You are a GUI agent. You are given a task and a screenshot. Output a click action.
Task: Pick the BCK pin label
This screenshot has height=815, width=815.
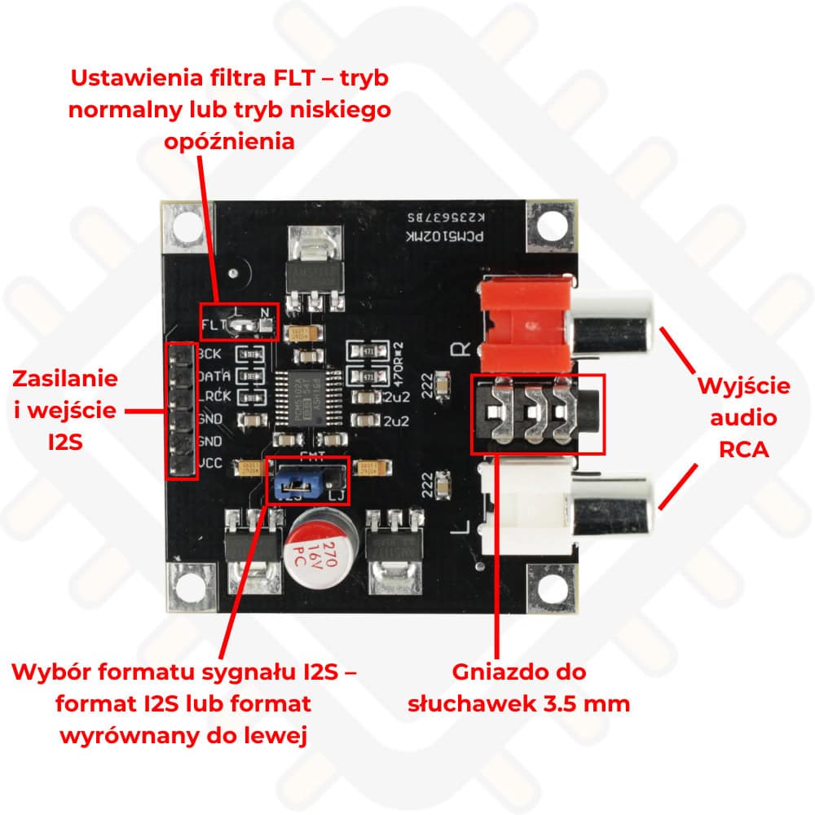[213, 355]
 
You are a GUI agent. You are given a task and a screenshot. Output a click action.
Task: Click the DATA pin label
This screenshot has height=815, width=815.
[213, 377]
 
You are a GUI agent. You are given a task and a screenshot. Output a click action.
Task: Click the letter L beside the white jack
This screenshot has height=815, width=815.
[459, 539]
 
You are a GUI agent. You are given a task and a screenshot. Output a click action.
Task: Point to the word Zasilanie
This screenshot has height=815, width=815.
[66, 378]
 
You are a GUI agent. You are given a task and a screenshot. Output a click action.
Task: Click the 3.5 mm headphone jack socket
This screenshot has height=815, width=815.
[538, 413]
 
